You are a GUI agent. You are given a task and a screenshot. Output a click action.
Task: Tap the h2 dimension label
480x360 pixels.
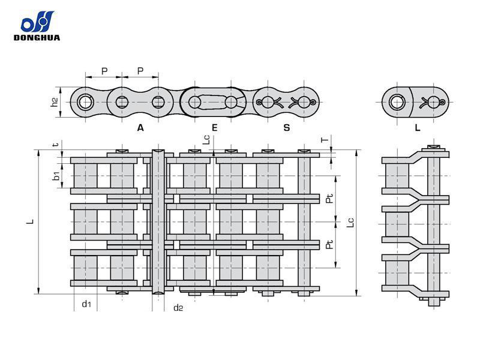pos(55,103)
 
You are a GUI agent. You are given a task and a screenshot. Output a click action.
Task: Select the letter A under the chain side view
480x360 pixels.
pos(140,127)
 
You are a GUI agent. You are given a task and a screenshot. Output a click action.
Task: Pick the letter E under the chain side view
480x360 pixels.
pos(214,127)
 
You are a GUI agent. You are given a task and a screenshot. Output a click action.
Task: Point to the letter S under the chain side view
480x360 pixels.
pos(286,127)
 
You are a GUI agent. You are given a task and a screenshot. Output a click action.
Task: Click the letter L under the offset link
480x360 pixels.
pos(418,127)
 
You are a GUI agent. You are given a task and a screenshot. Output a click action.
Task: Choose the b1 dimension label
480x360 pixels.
pos(55,176)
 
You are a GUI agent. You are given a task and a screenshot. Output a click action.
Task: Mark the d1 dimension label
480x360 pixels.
pos(86,304)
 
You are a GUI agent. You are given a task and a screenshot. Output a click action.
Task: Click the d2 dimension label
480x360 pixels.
pos(178,308)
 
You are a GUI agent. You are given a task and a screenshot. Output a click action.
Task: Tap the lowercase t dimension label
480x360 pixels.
pos(55,145)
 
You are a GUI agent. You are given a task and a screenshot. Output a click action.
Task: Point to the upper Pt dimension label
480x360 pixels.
pos(329,199)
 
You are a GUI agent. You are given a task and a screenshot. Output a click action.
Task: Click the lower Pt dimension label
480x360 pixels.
pos(329,245)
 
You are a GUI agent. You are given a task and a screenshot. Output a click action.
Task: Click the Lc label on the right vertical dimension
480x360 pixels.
pos(351,221)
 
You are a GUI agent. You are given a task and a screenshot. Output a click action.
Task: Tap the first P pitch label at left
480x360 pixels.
pos(104,71)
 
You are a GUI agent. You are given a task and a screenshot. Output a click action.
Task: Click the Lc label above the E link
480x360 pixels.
pos(206,140)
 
